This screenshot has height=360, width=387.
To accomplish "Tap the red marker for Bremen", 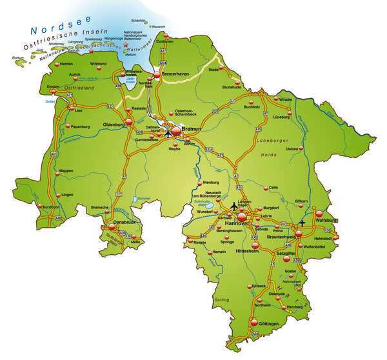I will [176, 130].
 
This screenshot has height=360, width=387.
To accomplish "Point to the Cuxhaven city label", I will [167, 43].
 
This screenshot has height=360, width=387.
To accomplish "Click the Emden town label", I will [53, 87].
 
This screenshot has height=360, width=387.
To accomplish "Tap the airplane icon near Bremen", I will [169, 134].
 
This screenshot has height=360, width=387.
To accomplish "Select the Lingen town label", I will [67, 194].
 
